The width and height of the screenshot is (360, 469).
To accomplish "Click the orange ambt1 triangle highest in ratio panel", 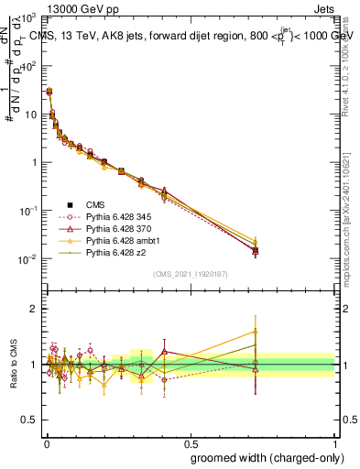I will coord(255,332).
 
